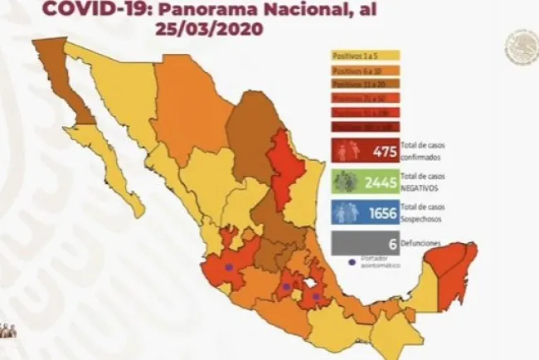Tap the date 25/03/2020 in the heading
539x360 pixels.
[x=209, y=28]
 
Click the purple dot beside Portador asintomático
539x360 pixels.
[x=352, y=263]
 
